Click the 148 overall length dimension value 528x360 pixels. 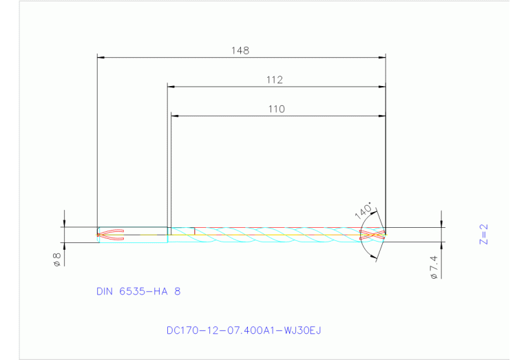[240, 50]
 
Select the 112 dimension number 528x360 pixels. [275, 80]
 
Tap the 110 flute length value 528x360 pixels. [276, 109]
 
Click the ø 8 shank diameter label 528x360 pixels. [57, 260]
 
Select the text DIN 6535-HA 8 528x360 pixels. [138, 291]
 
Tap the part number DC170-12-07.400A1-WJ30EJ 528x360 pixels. [244, 330]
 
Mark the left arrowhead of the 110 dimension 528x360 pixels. [174, 116]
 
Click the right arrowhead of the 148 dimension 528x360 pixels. [381, 57]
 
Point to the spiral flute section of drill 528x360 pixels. [275, 235]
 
